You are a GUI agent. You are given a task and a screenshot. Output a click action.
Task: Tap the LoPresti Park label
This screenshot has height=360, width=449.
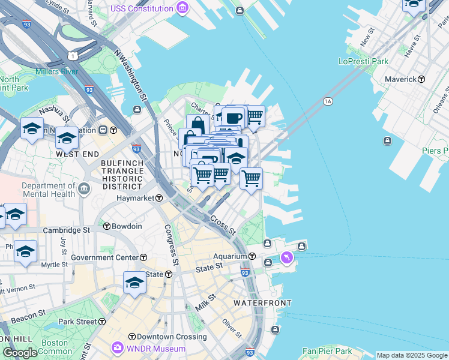(x=363, y=61)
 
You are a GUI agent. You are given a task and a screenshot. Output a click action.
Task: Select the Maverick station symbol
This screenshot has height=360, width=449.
(x=421, y=79)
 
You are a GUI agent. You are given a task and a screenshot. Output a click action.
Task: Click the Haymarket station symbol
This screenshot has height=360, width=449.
(x=160, y=198)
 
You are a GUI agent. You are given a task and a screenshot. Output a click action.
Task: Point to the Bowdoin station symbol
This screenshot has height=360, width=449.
(x=107, y=226)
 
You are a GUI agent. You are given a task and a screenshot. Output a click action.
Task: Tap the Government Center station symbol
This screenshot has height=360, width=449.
(x=143, y=257)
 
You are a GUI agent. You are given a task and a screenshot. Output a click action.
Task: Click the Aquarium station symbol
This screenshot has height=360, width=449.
(x=252, y=256)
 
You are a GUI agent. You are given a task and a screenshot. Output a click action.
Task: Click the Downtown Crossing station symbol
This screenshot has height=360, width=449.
(x=131, y=337)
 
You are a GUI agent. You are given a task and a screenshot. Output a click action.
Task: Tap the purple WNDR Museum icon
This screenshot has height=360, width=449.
(x=117, y=348)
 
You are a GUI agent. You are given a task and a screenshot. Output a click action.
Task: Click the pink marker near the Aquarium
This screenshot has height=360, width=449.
(x=287, y=257)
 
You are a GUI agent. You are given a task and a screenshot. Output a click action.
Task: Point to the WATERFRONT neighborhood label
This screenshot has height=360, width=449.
(x=262, y=303)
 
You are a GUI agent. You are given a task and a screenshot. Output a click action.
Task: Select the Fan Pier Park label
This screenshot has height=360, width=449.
(x=327, y=351)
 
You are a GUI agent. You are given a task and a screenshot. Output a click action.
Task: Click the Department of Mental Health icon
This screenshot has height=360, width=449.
(x=83, y=190)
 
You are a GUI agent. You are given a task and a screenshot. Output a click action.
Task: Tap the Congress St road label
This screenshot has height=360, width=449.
(x=172, y=245)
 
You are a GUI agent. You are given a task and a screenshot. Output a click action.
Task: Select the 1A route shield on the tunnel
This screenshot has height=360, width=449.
(x=328, y=101)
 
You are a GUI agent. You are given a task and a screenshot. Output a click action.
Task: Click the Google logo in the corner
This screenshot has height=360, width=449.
(x=20, y=353)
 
